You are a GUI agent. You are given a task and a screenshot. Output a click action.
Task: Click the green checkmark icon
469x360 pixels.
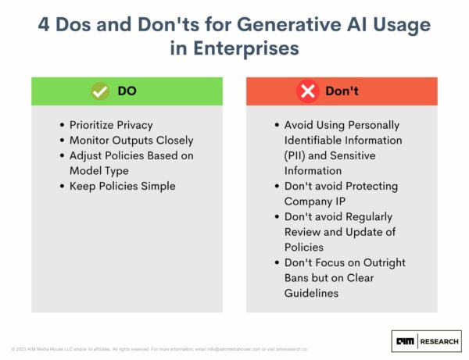tap(99, 91)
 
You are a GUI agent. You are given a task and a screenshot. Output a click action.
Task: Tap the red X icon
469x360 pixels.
tap(308, 91)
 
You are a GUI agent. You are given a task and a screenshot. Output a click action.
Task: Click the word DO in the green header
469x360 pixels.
tap(127, 91)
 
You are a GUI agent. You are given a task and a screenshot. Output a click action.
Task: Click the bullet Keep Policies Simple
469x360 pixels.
tap(124, 186)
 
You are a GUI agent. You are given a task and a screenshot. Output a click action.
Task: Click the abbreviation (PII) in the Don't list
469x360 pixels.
tap(288, 155)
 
